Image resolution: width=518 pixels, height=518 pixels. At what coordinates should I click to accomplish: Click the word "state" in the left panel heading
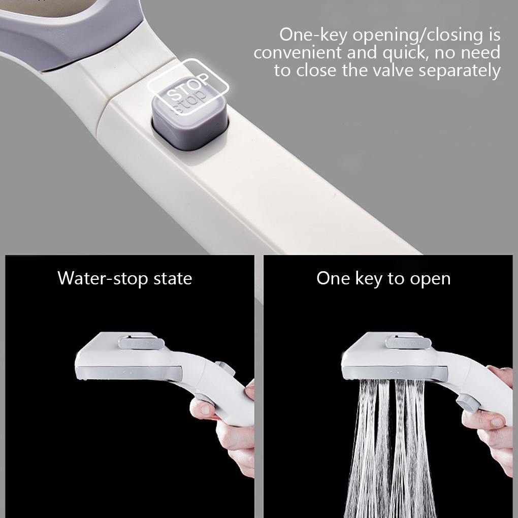pyautogui.click(x=173, y=278)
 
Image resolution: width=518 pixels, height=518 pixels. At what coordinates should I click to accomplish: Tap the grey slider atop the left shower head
pyautogui.click(x=141, y=343)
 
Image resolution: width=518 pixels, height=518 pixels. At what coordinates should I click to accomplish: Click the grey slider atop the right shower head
pyautogui.click(x=408, y=342)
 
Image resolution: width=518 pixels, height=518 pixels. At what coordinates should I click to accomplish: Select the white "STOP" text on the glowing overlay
pyautogui.click(x=187, y=87)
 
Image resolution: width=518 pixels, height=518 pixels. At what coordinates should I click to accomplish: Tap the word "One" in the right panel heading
pyautogui.click(x=333, y=278)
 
